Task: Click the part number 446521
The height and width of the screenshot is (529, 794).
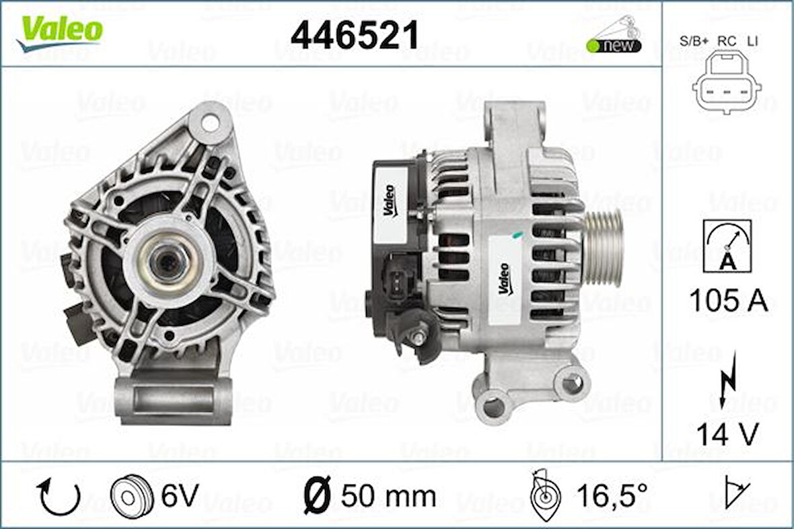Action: pyautogui.click(x=355, y=35)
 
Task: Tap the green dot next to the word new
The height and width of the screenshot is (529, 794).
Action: pyautogui.click(x=593, y=46)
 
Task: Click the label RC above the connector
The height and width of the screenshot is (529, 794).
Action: pyautogui.click(x=726, y=41)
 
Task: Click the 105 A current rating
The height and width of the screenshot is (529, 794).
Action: pyautogui.click(x=728, y=300)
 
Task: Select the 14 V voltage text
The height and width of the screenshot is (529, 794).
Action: pyautogui.click(x=727, y=434)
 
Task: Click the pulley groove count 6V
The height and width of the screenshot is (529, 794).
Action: pyautogui.click(x=180, y=496)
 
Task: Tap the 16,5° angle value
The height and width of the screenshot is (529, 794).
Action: pyautogui.click(x=612, y=497)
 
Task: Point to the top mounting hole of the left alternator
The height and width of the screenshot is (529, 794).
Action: pyautogui.click(x=210, y=123)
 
